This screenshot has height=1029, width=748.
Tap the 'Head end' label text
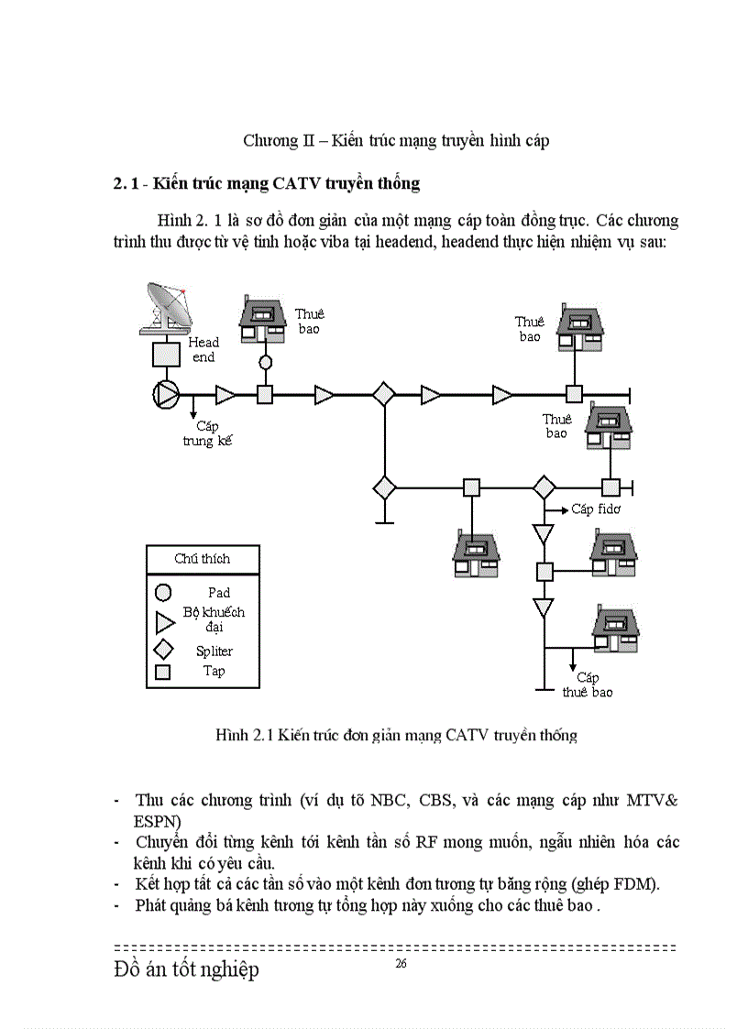(203, 350)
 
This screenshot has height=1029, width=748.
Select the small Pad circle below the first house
(266, 362)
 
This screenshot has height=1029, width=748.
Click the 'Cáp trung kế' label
(209, 433)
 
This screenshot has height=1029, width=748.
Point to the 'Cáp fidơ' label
(595, 509)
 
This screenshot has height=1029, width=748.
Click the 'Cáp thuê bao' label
(588, 684)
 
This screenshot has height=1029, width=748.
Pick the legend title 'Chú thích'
(203, 558)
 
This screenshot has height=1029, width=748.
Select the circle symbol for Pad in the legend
(164, 592)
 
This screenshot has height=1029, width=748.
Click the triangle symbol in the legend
(165, 622)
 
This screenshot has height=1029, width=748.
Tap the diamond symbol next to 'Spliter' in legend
(164, 650)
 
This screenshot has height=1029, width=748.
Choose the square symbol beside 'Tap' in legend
(164, 673)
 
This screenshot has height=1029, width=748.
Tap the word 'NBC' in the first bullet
(389, 799)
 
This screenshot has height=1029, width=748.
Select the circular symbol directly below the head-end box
(167, 394)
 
